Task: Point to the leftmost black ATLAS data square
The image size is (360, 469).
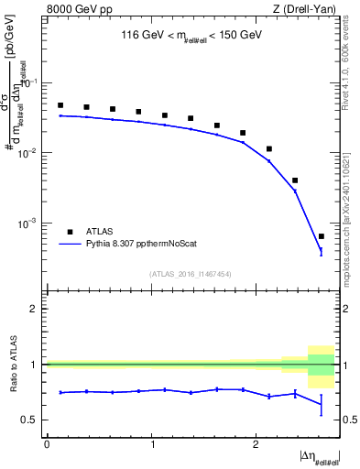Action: point(60,105)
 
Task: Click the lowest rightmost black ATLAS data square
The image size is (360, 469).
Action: point(321,236)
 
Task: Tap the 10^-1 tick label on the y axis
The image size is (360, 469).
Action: point(30,83)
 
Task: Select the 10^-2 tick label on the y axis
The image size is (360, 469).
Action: point(30,153)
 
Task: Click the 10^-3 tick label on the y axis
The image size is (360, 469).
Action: point(30,224)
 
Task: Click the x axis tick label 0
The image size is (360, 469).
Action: point(47,443)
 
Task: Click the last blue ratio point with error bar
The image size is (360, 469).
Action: point(321,404)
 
